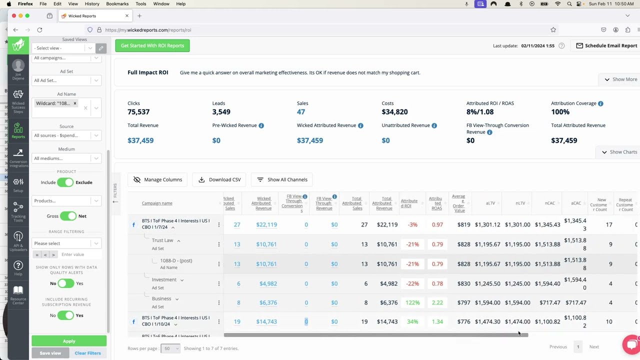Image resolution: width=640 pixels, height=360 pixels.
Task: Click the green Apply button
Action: (x=69, y=341)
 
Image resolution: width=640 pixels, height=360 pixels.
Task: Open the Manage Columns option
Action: (x=157, y=179)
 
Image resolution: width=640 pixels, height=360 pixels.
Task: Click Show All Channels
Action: (x=282, y=179)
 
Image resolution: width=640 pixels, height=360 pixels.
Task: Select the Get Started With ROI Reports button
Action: (x=152, y=45)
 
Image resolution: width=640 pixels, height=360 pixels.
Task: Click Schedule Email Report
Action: (x=606, y=45)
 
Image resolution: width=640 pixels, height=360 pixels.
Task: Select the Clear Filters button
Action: (x=87, y=353)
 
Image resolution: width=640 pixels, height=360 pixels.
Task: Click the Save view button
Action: (x=50, y=353)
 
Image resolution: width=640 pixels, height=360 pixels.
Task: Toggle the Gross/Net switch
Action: (x=67, y=216)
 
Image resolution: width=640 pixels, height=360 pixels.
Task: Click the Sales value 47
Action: (x=300, y=112)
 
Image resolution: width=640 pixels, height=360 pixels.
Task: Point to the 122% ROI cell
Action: (x=412, y=302)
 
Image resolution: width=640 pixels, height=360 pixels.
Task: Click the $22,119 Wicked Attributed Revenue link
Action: (x=266, y=224)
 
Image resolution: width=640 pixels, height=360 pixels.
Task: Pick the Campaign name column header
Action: (x=157, y=203)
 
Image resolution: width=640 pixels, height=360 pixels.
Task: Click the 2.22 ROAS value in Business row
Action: (x=437, y=302)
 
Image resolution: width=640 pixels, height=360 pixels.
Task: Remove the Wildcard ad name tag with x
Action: (x=75, y=103)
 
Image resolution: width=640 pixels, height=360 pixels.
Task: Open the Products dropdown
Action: (x=66, y=201)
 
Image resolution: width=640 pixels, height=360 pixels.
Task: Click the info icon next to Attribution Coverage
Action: (x=600, y=103)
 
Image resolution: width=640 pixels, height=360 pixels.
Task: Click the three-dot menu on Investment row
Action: (x=218, y=283)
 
